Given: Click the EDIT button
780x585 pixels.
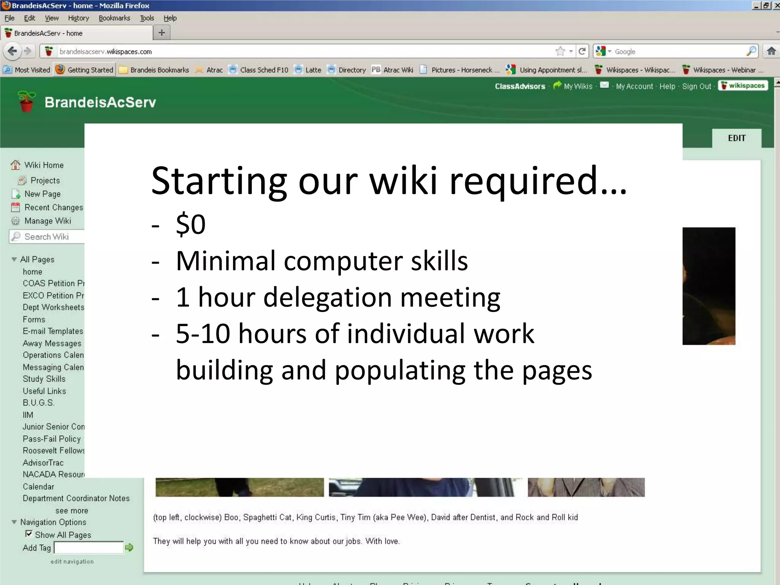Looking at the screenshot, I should (737, 138).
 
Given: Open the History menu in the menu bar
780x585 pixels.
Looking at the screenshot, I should (78, 18).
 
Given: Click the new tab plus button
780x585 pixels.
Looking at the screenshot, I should (161, 33).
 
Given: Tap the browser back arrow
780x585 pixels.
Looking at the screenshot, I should (12, 51).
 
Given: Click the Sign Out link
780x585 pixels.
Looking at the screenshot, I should (696, 86).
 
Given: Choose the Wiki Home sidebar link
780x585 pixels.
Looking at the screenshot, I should (44, 165).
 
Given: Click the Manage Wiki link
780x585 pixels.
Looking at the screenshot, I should (48, 221).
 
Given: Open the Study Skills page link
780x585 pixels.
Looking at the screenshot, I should (44, 379).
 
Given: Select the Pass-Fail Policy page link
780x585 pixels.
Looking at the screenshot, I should (52, 439).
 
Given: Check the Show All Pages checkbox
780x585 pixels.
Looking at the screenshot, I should (29, 534).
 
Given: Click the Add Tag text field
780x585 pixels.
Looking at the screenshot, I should (89, 548).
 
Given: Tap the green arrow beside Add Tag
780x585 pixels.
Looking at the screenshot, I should (129, 547).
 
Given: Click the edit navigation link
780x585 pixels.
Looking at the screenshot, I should (72, 561).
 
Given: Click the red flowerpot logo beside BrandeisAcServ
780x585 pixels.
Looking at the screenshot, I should (26, 102).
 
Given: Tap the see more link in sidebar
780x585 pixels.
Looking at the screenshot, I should (72, 510).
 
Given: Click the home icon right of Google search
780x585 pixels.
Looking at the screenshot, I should (771, 51).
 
